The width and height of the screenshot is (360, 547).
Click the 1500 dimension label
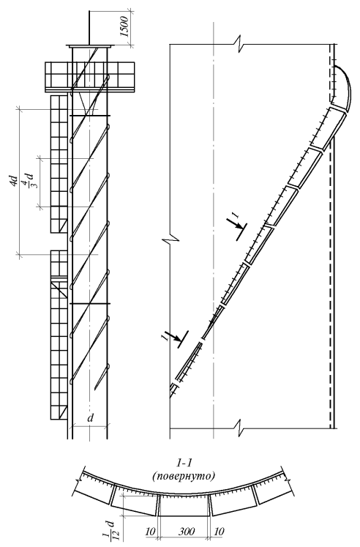pyautogui.click(x=125, y=26)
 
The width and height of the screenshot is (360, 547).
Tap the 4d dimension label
pyautogui.click(x=14, y=182)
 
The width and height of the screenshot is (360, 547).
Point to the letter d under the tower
pyautogui.click(x=91, y=418)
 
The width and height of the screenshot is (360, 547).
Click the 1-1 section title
pyautogui.click(x=184, y=464)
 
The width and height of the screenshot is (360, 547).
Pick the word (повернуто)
pyautogui.click(x=184, y=476)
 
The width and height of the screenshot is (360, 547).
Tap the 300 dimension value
pyautogui.click(x=187, y=532)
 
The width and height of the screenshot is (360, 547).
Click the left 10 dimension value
pyautogui.click(x=150, y=532)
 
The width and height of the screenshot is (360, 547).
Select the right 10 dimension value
pyautogui.click(x=220, y=532)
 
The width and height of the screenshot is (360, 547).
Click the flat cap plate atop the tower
pyautogui.click(x=90, y=46)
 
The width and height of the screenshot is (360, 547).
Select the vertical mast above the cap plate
pyautogui.click(x=90, y=28)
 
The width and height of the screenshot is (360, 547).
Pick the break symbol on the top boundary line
pyautogui.click(x=241, y=44)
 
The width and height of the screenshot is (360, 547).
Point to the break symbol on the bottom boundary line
pyautogui.click(x=241, y=427)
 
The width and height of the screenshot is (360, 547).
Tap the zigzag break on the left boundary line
pyautogui.click(x=170, y=240)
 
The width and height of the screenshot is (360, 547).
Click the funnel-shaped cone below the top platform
pyautogui.click(x=89, y=104)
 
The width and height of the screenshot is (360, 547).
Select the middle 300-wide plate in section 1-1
pyautogui.click(x=184, y=505)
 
